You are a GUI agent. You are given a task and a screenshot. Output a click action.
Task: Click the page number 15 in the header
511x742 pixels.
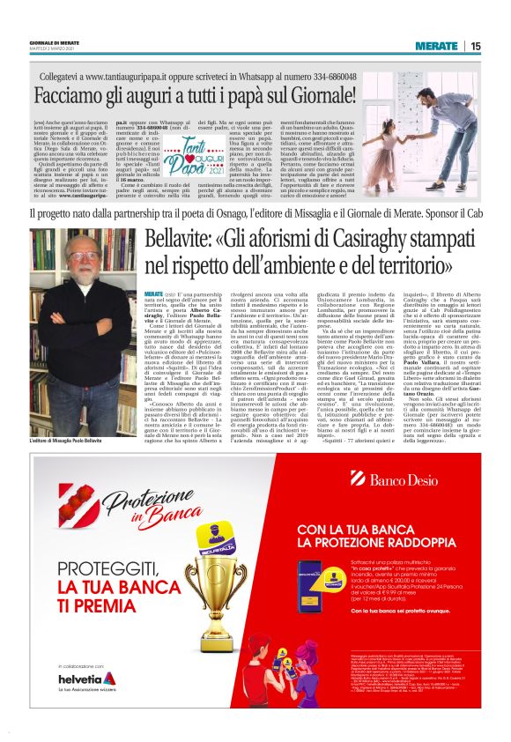[x=476, y=46]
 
